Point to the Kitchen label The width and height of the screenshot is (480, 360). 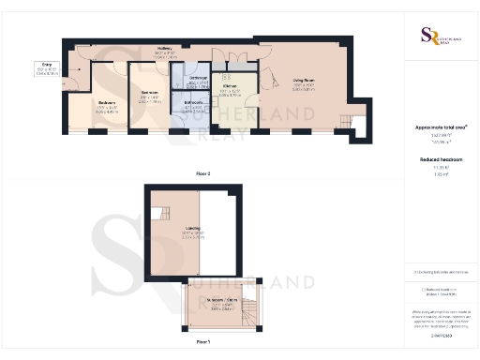[x=230, y=90]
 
